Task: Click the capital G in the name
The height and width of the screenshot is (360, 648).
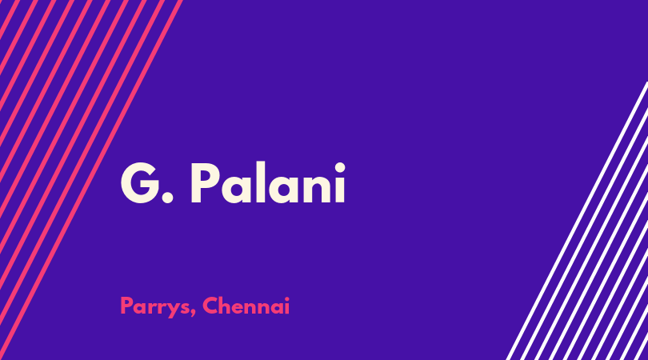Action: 141,183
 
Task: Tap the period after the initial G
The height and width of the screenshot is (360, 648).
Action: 167,198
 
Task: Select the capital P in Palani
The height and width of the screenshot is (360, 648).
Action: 205,183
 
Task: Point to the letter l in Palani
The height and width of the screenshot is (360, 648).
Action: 260,182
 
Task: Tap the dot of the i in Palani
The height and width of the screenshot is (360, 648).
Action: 340,167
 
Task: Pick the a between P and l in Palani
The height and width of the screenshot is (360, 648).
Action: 235,189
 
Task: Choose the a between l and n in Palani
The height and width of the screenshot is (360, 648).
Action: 283,189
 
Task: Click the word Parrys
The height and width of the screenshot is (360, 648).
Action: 156,306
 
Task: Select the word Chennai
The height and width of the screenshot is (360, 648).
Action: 246,306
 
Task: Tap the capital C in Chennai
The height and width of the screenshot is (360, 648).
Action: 210,306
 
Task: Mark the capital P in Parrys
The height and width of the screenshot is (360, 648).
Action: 126,306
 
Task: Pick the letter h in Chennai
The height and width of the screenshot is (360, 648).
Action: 226,306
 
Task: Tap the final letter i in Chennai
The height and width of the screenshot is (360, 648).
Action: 287,306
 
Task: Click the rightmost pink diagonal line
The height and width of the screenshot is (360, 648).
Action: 91,180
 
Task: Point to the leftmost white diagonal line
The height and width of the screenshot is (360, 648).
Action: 577,221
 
